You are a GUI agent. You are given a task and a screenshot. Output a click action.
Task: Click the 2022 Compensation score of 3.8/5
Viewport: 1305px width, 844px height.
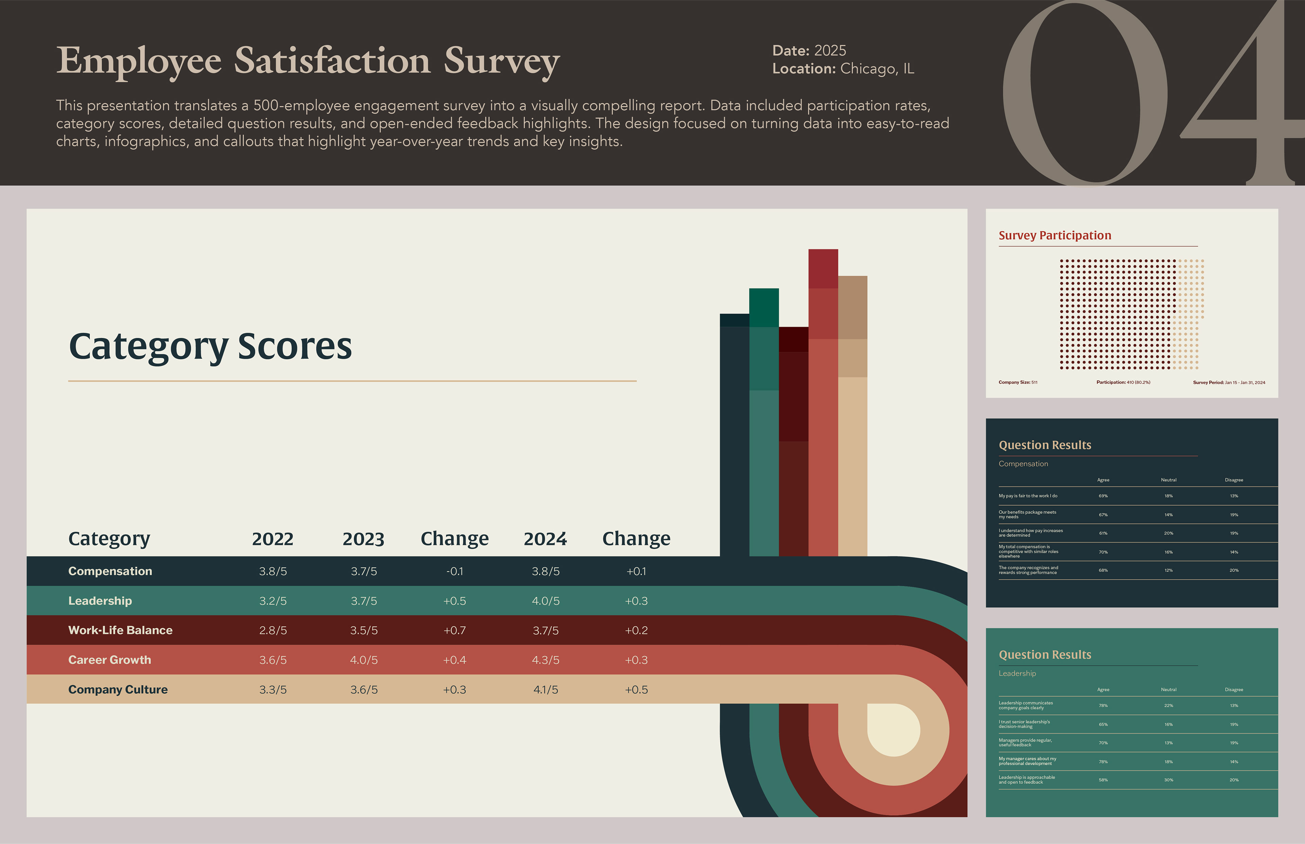273,571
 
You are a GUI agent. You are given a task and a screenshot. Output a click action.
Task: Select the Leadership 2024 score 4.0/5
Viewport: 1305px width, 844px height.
545,601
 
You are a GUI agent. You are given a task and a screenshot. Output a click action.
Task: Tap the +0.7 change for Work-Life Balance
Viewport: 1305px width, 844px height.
455,630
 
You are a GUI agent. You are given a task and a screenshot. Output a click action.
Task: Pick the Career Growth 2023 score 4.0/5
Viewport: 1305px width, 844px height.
364,660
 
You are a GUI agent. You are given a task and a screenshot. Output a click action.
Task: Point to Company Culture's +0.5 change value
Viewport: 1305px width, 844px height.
636,689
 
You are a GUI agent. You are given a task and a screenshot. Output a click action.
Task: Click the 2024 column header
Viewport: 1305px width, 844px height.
545,539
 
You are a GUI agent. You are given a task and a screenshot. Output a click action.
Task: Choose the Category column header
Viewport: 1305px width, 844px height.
109,539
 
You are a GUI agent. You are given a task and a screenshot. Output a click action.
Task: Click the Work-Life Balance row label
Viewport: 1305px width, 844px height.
120,630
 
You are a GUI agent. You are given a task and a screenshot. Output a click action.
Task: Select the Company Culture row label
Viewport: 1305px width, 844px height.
118,689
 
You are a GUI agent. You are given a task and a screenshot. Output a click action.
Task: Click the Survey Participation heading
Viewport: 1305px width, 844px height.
1055,236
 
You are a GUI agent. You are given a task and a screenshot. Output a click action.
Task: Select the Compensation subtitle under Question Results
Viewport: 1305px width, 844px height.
1023,464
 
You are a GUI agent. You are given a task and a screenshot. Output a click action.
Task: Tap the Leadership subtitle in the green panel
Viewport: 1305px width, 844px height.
1017,673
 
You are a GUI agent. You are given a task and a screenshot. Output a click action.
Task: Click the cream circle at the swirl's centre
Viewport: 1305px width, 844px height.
894,730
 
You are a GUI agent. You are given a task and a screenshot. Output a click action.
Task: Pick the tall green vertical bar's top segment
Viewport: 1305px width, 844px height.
764,307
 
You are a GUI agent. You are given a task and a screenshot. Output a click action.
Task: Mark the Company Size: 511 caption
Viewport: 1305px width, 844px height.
1018,382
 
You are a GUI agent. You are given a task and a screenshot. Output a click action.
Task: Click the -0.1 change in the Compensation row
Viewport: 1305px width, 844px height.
455,571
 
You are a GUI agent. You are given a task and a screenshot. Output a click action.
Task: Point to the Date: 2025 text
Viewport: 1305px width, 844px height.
809,50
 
